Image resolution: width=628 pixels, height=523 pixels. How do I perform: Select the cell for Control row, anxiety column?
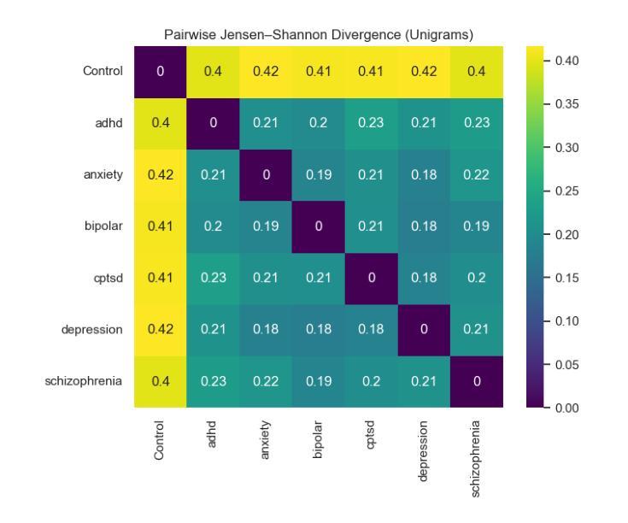point(266,70)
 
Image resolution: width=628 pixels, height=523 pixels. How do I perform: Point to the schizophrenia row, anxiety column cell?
point(266,382)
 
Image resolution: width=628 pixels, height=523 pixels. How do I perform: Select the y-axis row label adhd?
point(109,122)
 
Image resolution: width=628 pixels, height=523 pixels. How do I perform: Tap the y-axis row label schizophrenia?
point(84,382)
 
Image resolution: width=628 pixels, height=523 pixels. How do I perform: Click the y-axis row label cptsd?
point(108,279)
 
